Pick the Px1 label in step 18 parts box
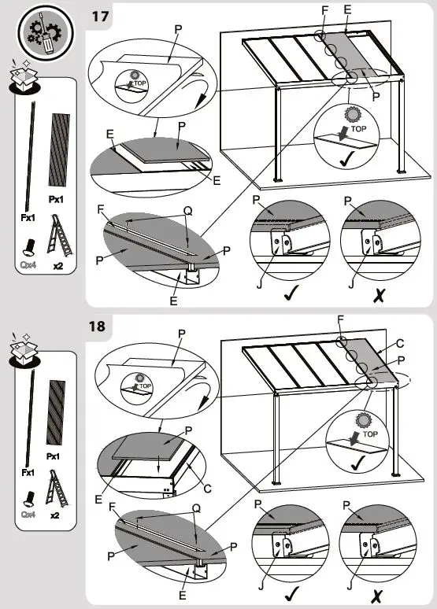[x=54, y=456]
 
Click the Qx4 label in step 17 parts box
[x=28, y=266]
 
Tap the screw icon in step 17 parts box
[x=27, y=247]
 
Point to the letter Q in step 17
[x=187, y=211]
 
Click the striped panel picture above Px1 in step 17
[x=59, y=149]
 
